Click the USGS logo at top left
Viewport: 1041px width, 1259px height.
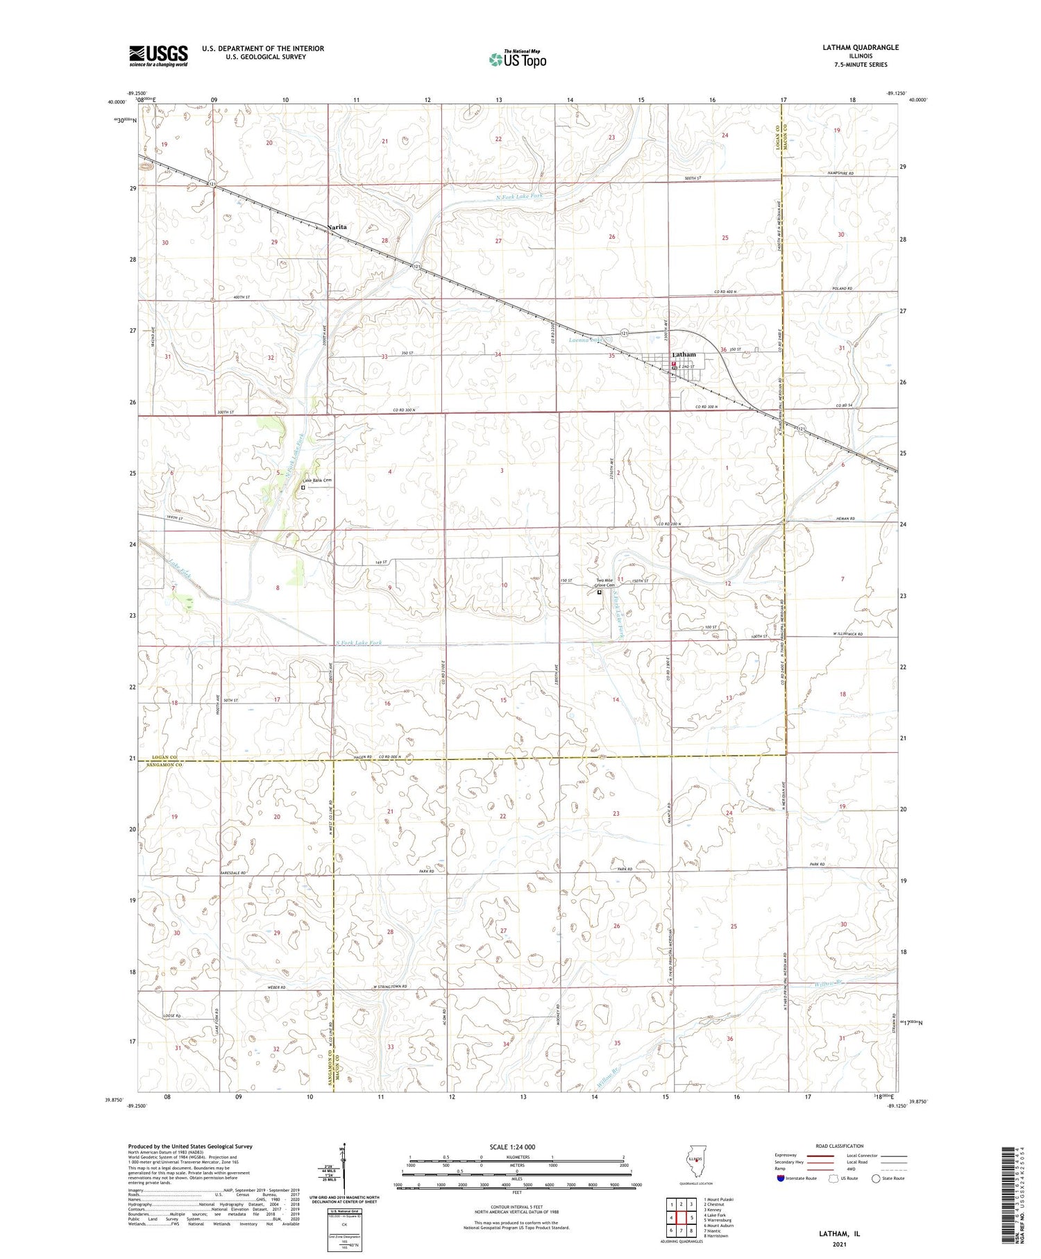(x=158, y=56)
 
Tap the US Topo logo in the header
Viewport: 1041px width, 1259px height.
(x=517, y=59)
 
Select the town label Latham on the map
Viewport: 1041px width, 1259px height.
(x=684, y=355)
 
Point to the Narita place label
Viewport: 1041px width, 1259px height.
(x=337, y=227)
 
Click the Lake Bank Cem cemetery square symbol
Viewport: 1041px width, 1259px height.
(x=303, y=487)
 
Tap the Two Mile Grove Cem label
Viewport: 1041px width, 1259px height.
(x=604, y=583)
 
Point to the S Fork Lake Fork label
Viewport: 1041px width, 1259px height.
(x=358, y=643)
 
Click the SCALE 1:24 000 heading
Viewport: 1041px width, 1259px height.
(x=512, y=1147)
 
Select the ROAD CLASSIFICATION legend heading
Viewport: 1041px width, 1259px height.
(x=840, y=1146)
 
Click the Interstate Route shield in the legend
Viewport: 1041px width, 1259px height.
(x=781, y=1178)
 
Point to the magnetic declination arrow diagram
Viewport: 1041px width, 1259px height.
(x=343, y=1168)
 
